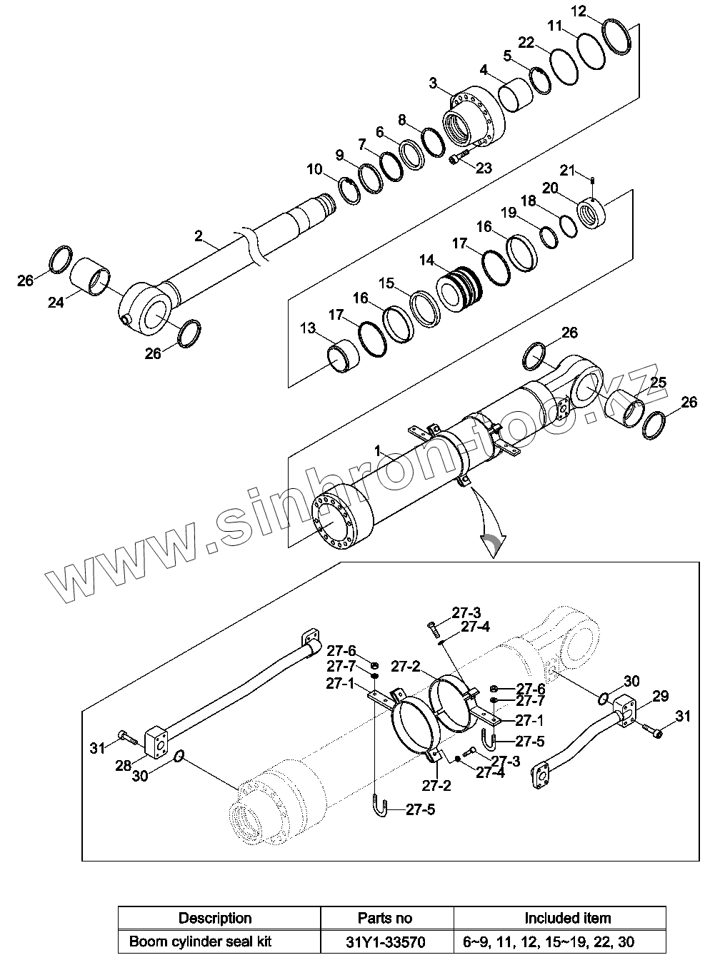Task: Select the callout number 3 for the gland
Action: click(433, 83)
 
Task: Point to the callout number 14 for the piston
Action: click(426, 261)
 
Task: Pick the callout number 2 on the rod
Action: click(199, 235)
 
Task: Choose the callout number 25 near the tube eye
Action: click(657, 383)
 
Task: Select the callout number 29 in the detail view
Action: click(660, 696)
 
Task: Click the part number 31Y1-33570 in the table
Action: click(385, 942)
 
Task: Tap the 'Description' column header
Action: click(215, 918)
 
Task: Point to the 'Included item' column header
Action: click(567, 918)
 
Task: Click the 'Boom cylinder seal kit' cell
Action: click(201, 942)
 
